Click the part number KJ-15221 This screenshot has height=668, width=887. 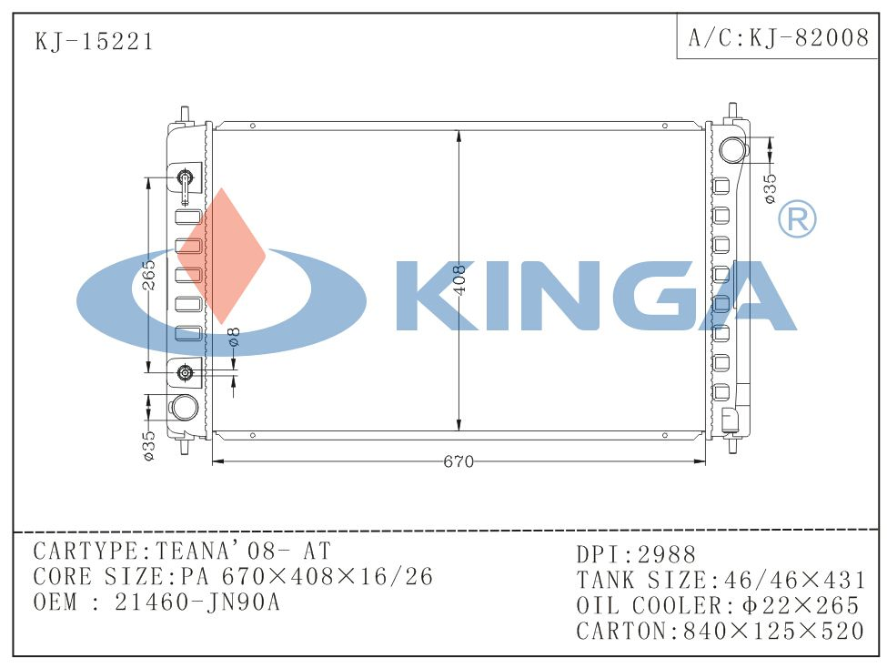[x=94, y=42]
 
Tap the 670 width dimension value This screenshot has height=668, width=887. [x=459, y=461]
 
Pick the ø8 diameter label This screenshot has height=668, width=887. [x=234, y=337]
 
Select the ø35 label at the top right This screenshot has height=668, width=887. [x=770, y=187]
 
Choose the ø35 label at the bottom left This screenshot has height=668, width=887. [x=149, y=445]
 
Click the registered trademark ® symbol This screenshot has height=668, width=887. [x=796, y=219]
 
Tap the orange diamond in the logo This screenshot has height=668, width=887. [x=221, y=256]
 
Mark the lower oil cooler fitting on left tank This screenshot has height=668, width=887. [x=186, y=371]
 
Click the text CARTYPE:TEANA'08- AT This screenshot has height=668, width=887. [x=182, y=551]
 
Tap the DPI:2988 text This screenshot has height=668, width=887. [x=636, y=554]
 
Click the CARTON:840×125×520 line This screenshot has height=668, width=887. [x=720, y=631]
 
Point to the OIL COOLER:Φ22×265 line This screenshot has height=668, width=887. [x=718, y=605]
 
